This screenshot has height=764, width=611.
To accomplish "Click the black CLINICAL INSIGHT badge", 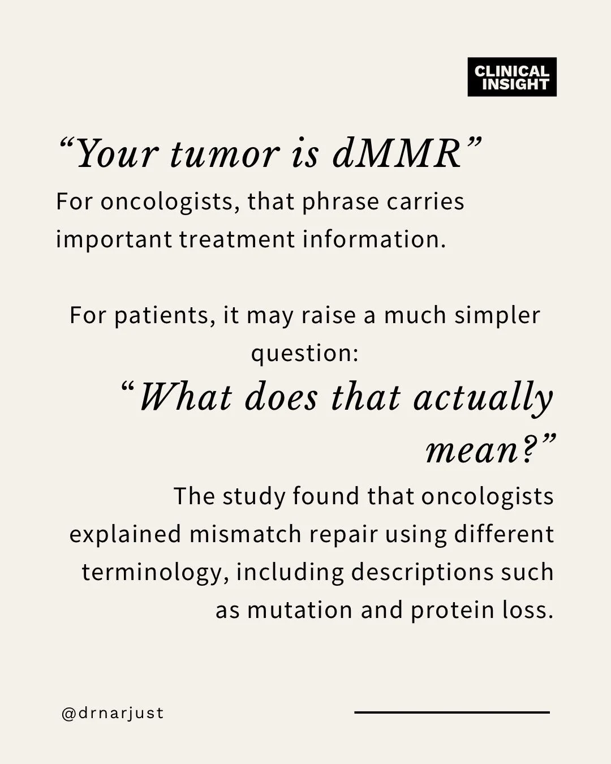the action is [512, 77].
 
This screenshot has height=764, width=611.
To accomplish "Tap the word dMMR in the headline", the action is [397, 154].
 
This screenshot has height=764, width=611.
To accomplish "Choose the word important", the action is [114, 240].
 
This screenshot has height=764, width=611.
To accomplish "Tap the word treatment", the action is [237, 239].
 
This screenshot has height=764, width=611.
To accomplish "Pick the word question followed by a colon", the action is [305, 354].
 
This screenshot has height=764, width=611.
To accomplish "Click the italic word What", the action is [187, 397].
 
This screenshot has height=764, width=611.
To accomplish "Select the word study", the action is [254, 497].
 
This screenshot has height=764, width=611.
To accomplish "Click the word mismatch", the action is [246, 534].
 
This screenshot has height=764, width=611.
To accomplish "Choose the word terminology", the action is [152, 573].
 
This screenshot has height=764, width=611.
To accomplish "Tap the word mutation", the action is [300, 611].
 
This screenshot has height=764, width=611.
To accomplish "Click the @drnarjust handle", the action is [113, 713].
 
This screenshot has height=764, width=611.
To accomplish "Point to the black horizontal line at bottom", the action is [452, 713].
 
